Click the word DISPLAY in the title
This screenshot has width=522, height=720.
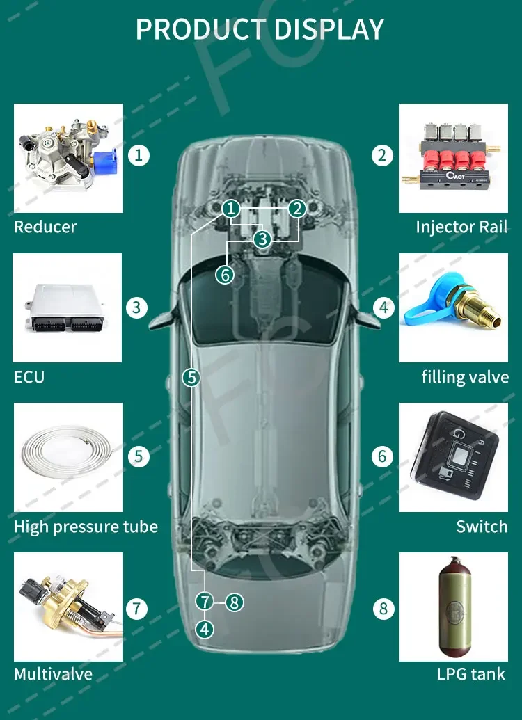[329, 29]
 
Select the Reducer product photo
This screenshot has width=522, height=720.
[68, 158]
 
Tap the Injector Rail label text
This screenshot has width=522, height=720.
[461, 227]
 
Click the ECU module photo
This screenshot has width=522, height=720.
[68, 308]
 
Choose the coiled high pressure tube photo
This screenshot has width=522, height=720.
[68, 457]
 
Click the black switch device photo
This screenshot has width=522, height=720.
[453, 458]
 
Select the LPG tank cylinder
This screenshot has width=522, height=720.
[453, 607]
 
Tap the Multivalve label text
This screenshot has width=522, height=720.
[53, 674]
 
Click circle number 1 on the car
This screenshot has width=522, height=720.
[232, 209]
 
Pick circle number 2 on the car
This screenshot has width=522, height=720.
[297, 209]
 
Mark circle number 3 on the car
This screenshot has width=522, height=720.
[262, 239]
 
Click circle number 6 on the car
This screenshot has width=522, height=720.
[224, 274]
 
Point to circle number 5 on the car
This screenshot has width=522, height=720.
[191, 378]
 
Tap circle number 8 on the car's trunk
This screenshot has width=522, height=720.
[234, 602]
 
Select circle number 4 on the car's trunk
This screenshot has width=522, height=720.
[204, 630]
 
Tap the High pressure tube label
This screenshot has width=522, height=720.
[86, 527]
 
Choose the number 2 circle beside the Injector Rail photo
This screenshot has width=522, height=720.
[381, 154]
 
